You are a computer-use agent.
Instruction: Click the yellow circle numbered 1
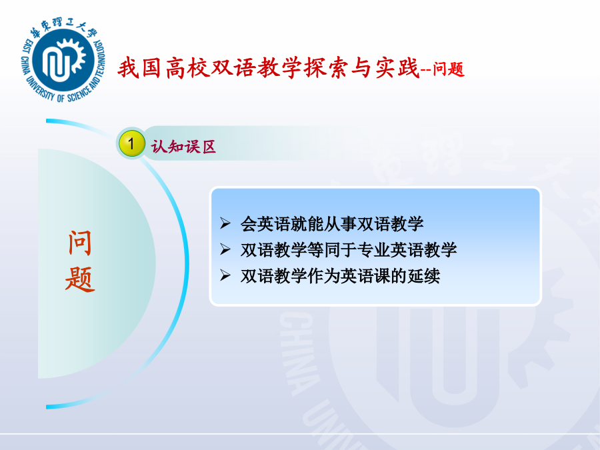(x=131, y=143)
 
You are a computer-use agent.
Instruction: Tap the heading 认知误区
(x=183, y=147)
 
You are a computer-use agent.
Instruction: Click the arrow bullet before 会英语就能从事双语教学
(x=225, y=223)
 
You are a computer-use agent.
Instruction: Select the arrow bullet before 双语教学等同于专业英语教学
(x=225, y=249)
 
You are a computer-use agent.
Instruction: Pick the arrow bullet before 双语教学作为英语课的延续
(x=225, y=275)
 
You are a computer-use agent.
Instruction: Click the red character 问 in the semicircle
(x=80, y=243)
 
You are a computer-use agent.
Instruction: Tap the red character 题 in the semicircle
(x=80, y=279)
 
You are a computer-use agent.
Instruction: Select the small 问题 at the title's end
(x=449, y=69)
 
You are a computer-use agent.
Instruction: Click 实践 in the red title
(x=397, y=68)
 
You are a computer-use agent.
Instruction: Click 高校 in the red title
(x=188, y=68)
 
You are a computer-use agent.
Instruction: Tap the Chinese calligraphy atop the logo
(x=63, y=27)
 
